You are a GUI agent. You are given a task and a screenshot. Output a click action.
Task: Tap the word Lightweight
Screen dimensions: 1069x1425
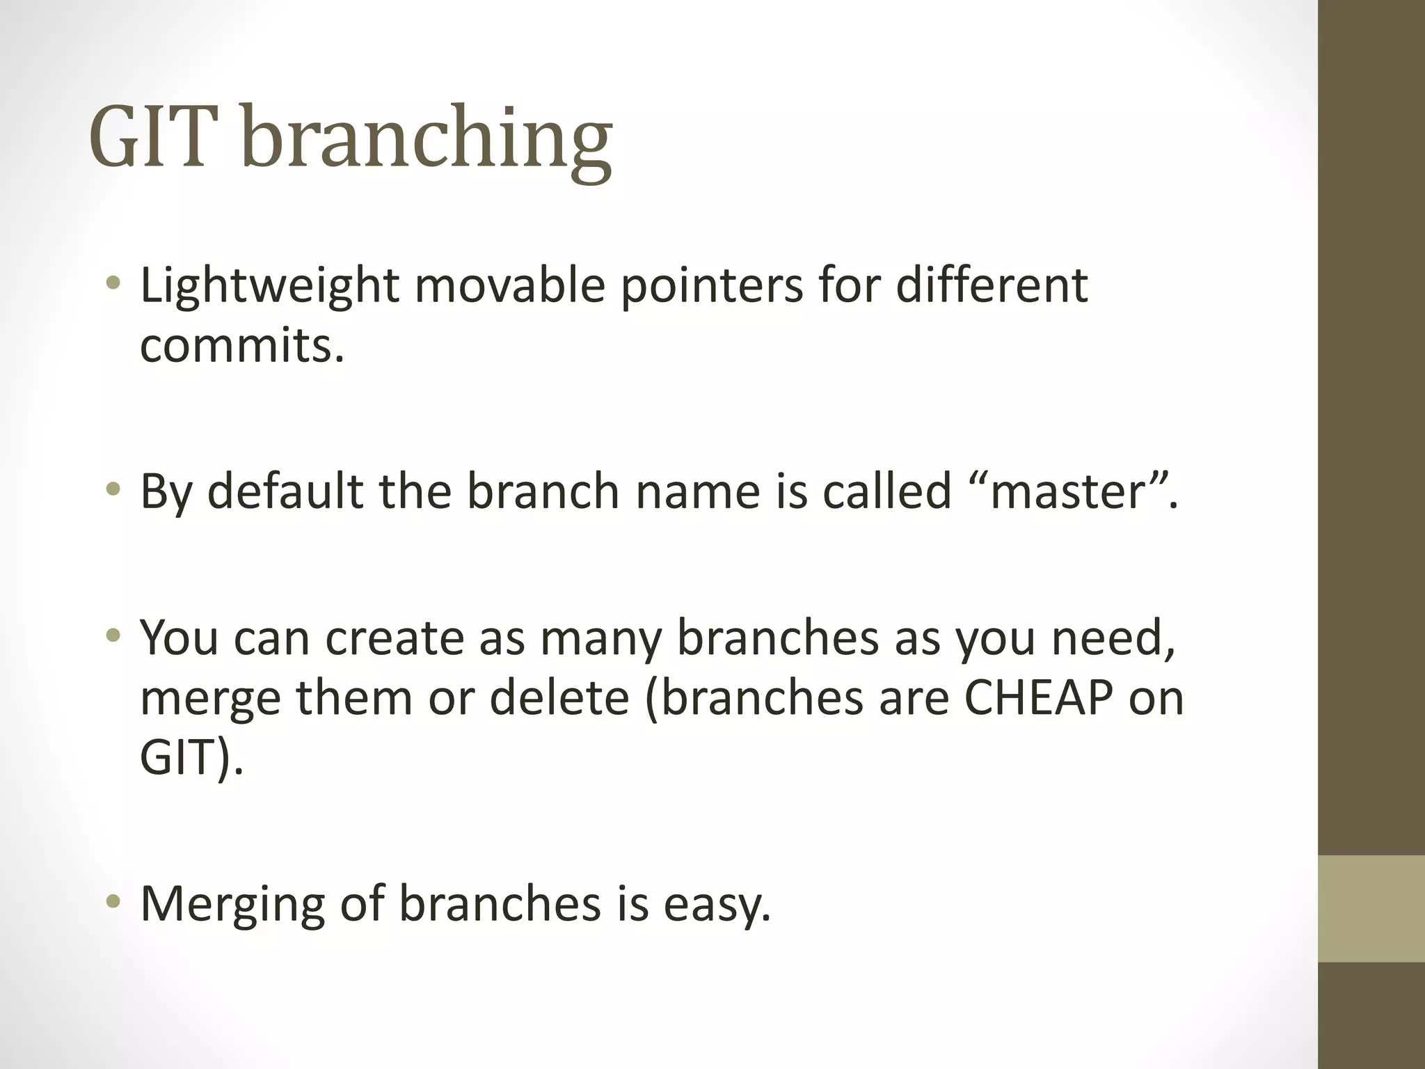tap(269, 287)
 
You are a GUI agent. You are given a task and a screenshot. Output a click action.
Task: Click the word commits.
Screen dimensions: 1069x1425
tap(241, 346)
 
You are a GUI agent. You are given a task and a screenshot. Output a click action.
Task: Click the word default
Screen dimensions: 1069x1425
tap(285, 491)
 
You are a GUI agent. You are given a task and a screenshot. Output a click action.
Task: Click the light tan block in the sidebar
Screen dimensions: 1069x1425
tap(1371, 909)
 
